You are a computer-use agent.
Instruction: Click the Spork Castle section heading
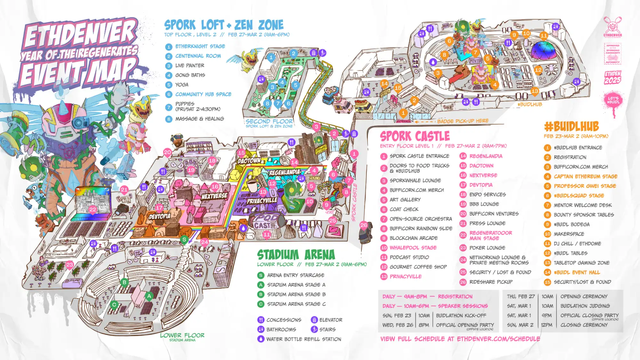(x=415, y=136)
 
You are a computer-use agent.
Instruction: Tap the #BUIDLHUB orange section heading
(x=572, y=127)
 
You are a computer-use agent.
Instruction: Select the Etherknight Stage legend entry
(x=200, y=46)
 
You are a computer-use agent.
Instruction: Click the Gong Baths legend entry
(x=190, y=75)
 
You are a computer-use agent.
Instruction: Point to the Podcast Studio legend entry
(x=409, y=257)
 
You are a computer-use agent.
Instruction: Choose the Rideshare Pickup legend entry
(x=491, y=282)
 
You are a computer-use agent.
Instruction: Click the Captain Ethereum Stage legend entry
(x=586, y=176)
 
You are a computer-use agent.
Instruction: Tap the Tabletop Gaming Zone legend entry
(x=581, y=263)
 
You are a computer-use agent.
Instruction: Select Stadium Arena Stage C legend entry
(x=296, y=304)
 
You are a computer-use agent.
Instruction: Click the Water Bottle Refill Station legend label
(x=304, y=339)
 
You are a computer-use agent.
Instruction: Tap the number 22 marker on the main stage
(x=93, y=209)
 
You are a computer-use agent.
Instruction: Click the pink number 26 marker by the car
(x=364, y=225)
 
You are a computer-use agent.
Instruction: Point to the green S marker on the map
(x=184, y=239)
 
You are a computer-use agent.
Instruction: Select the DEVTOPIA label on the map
(x=160, y=217)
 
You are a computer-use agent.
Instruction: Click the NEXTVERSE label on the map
(x=214, y=196)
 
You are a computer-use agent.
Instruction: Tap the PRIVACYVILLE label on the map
(x=262, y=201)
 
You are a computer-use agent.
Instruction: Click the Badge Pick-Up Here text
(x=463, y=121)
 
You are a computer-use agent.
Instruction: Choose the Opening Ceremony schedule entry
(x=584, y=297)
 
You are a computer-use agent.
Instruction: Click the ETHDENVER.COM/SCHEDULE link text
(x=498, y=339)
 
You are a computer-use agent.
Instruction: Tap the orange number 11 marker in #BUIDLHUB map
(x=544, y=35)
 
